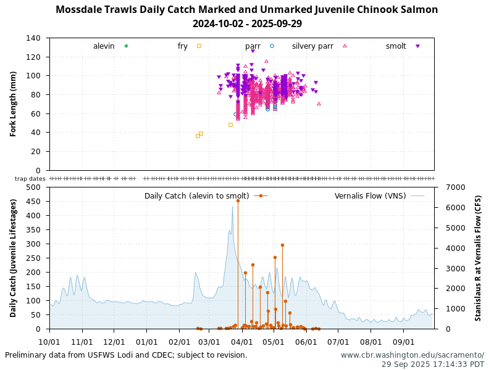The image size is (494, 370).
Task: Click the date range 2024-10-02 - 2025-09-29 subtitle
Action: [246, 24]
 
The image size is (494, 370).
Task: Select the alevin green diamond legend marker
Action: [126, 46]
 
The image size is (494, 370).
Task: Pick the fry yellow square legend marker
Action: [199, 46]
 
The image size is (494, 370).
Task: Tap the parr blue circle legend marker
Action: [272, 46]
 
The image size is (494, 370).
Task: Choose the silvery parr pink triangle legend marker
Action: [345, 46]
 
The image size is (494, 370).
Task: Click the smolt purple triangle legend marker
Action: [417, 46]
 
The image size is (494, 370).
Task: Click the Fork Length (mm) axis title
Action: [13, 104]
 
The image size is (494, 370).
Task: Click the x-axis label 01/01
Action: [146, 341]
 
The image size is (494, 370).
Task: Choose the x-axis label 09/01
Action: [403, 341]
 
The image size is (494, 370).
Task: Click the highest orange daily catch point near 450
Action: [238, 200]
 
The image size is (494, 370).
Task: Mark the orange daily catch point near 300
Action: [282, 245]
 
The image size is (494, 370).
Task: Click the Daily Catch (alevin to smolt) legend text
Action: [196, 196]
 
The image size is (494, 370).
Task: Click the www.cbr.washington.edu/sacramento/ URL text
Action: [412, 355]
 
